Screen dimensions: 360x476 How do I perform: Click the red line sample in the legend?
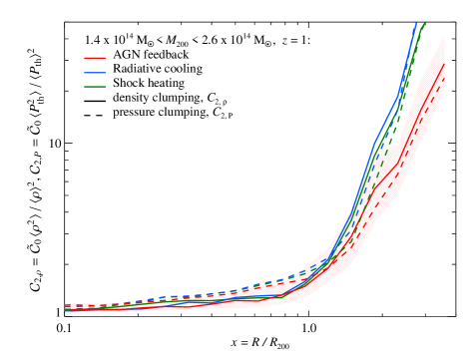coord(95,58)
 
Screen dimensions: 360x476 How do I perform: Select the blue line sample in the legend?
coord(95,73)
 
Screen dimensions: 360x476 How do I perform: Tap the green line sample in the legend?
coord(95,87)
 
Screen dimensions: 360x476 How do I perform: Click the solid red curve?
coord(400,163)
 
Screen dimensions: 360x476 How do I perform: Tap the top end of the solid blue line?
coord(415,23)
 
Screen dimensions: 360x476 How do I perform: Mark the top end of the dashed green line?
coord(424,22)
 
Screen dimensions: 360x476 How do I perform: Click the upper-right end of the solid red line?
coord(444,66)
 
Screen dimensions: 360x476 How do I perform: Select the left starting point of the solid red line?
coord(66,310)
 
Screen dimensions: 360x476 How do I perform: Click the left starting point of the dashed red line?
coord(66,305)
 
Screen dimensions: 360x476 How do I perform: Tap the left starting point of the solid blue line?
coord(66,311)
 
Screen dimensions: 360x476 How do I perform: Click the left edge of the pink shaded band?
coord(66,308)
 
